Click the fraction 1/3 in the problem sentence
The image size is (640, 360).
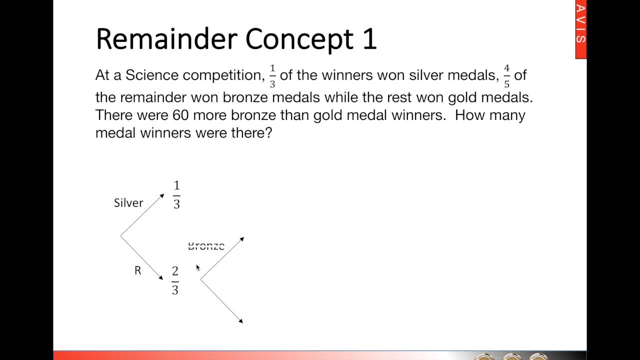click(x=272, y=76)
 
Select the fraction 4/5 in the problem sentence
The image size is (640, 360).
click(x=506, y=76)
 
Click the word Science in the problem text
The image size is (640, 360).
click(x=152, y=75)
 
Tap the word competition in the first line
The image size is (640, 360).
click(x=222, y=76)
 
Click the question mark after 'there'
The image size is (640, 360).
click(x=268, y=133)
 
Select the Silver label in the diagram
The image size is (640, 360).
click(x=128, y=202)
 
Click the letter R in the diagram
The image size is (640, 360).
click(x=138, y=270)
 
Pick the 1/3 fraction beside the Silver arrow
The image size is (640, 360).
click(x=176, y=195)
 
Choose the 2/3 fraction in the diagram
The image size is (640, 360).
click(x=175, y=280)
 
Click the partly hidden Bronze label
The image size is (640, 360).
click(x=206, y=246)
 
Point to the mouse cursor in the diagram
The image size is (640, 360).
click(x=198, y=268)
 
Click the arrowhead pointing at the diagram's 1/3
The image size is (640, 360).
click(x=161, y=196)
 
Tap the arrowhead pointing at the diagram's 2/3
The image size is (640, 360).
click(x=161, y=277)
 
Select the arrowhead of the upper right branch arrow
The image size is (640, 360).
click(x=241, y=239)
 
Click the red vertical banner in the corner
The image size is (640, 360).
click(x=581, y=29)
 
